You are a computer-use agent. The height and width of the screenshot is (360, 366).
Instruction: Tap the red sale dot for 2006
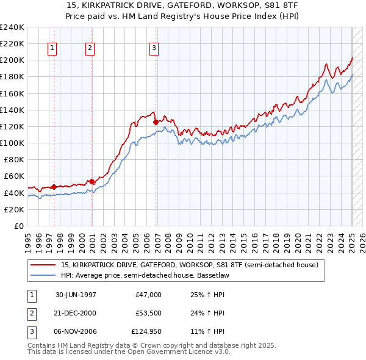click(156, 122)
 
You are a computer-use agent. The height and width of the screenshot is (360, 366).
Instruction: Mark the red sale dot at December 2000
click(91, 181)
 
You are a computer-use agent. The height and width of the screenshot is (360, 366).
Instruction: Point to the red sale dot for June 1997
click(54, 187)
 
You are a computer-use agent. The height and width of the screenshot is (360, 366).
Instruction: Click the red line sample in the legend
click(44, 265)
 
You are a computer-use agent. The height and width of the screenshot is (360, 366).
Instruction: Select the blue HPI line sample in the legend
click(44, 275)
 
